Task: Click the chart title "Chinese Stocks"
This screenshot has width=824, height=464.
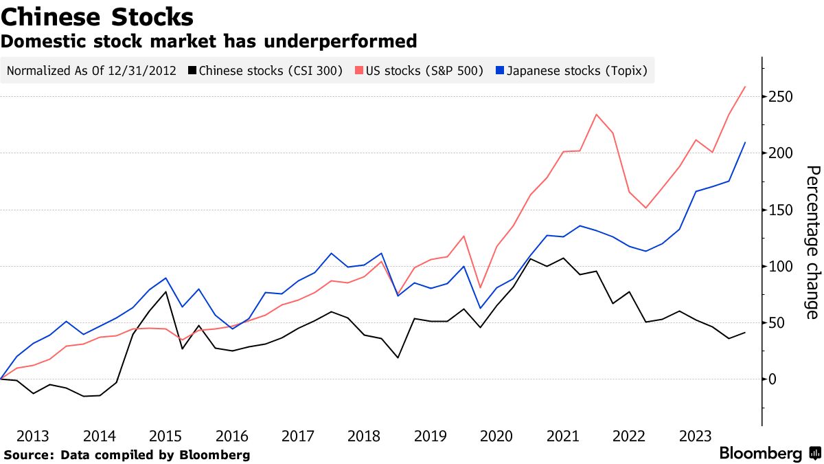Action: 97,16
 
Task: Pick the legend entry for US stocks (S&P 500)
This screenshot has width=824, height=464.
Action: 419,70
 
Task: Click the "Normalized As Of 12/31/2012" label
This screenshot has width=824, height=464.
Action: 91,70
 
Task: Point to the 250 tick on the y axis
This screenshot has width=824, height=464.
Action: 780,97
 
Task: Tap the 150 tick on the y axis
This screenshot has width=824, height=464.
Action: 780,210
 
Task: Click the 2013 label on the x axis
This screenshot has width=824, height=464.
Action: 33,436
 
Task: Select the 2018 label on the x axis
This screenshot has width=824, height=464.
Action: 364,436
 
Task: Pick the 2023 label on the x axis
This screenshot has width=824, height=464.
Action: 695,436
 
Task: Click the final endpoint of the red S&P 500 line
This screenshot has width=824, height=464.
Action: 746,87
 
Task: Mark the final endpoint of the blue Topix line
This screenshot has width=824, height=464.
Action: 746,143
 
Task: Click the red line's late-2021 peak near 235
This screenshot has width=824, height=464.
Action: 596,114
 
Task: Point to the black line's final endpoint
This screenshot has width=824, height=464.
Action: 746,333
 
